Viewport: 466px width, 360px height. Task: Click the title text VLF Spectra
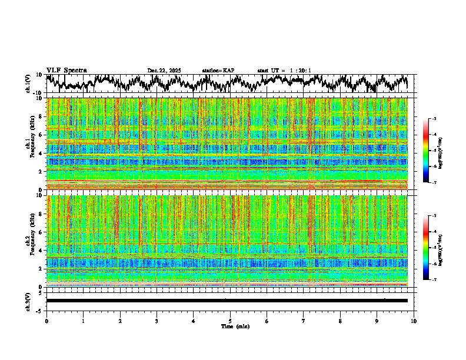[x=64, y=71]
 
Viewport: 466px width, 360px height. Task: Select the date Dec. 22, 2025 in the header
[x=164, y=71]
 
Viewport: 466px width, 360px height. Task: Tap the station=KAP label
[x=218, y=71]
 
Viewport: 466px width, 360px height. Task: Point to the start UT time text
[x=284, y=71]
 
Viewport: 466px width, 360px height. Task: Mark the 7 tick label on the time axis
[x=304, y=321]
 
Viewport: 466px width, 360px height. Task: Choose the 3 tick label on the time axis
[x=157, y=321]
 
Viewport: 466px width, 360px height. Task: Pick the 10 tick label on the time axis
[x=414, y=321]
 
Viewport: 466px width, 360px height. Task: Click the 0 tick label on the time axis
[x=46, y=321]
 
